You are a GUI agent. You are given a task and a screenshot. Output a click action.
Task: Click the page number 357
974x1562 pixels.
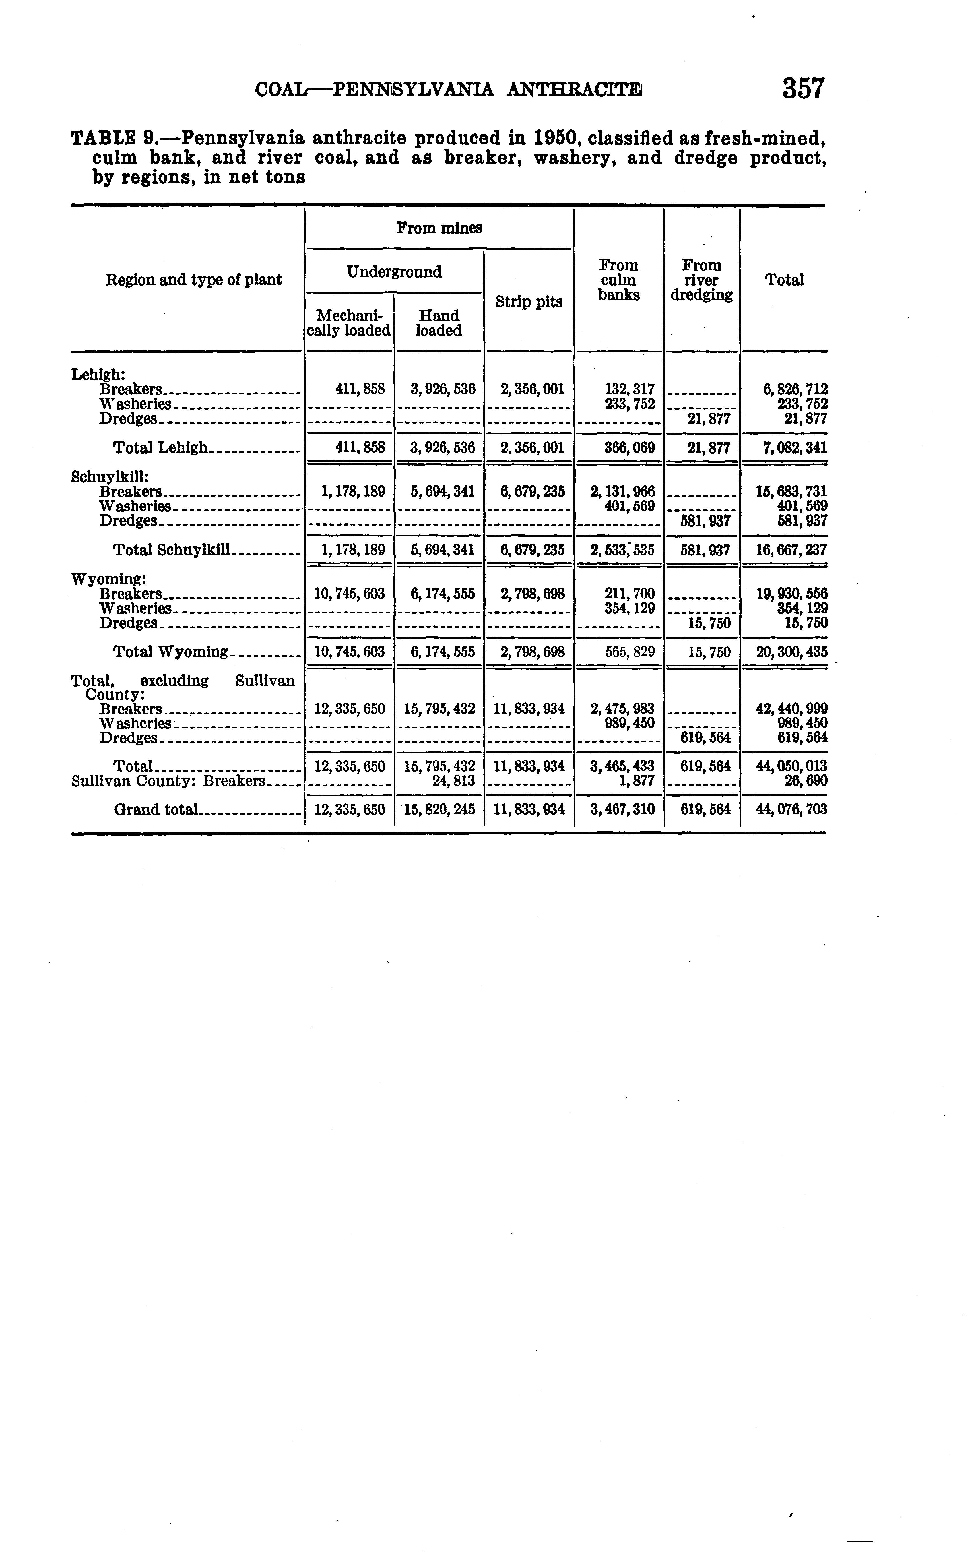click(x=803, y=89)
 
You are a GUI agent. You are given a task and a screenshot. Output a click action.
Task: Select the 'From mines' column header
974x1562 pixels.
click(x=439, y=228)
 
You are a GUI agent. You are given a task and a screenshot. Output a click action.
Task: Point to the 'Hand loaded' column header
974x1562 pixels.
click(x=439, y=323)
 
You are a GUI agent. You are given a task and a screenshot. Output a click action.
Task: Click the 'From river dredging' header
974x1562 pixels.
click(x=701, y=280)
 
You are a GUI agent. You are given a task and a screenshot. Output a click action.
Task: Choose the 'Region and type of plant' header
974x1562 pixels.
click(x=193, y=280)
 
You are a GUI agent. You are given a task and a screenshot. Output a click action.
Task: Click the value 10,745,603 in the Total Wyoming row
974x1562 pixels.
click(x=349, y=652)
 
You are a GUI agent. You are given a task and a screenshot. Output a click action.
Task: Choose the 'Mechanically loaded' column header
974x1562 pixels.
click(x=348, y=323)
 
